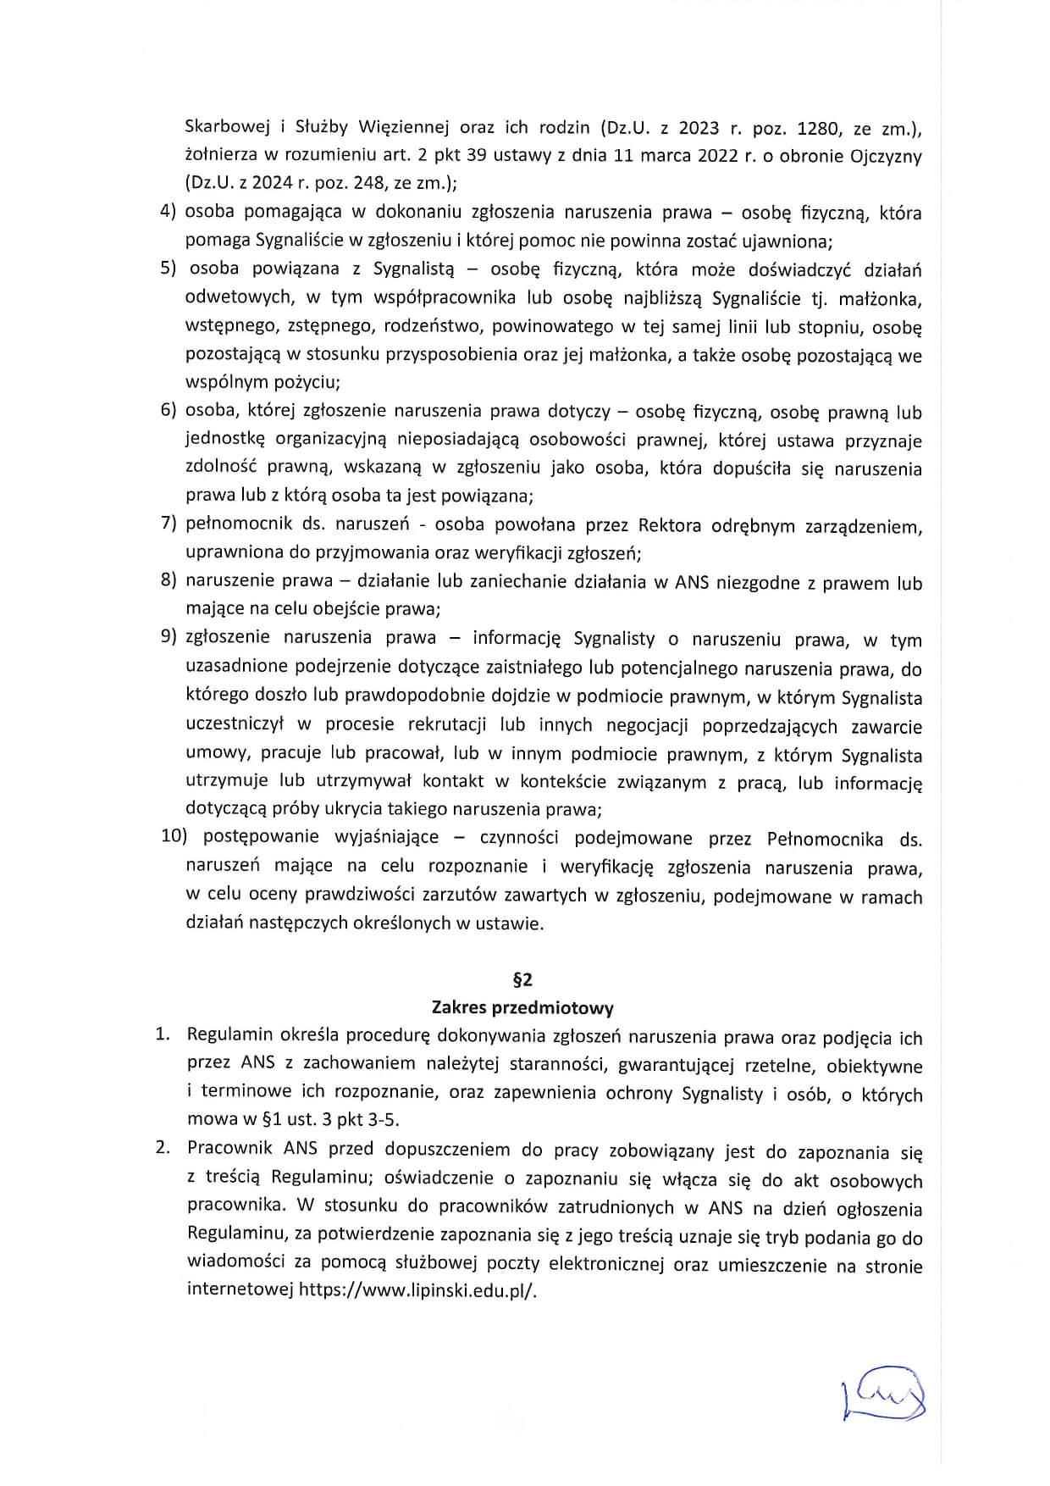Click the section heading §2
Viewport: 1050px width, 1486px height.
(x=522, y=979)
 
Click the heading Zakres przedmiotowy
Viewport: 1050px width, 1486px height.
(x=522, y=1007)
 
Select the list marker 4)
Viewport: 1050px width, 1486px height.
(x=169, y=213)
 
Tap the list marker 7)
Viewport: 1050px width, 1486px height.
(x=169, y=524)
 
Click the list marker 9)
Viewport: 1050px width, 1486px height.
(x=169, y=638)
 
